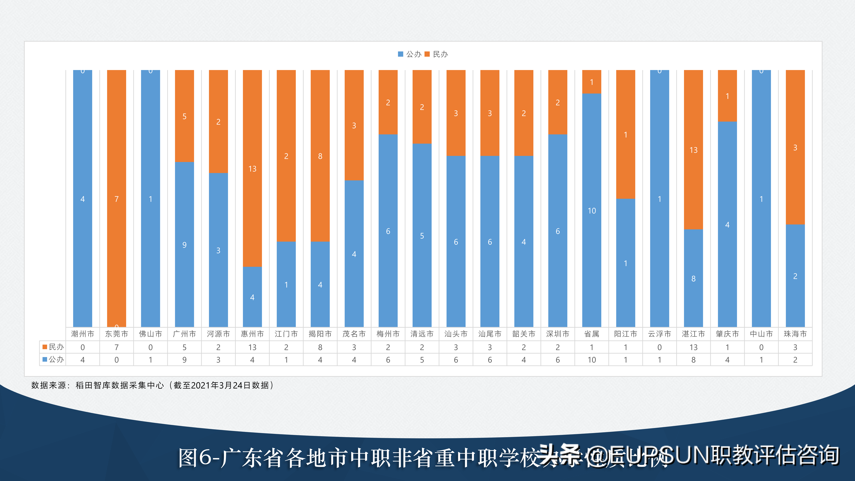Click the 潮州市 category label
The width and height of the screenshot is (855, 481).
[83, 334]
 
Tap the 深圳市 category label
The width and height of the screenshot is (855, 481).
[558, 334]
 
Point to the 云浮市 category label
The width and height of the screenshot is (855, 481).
[660, 334]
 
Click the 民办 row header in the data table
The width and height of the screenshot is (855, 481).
[53, 347]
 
